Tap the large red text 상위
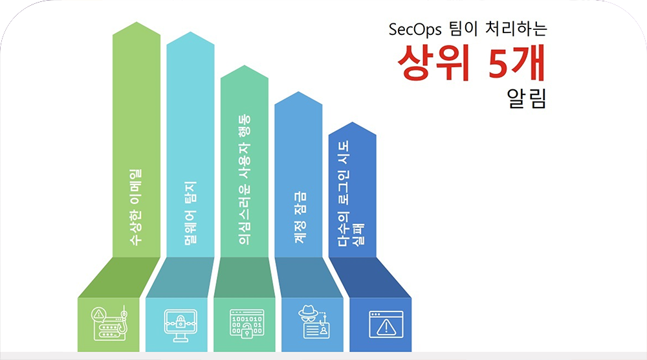pos(433,62)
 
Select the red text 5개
pos(516,62)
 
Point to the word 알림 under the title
pos(527,98)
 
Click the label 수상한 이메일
pos(136,207)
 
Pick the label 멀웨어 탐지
pos(190,213)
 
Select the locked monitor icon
pos(181,325)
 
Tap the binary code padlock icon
pos(247,324)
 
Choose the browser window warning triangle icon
pos(386,324)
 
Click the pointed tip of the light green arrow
pos(137,22)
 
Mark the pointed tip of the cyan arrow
pos(190,32)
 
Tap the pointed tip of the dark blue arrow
pos(353,122)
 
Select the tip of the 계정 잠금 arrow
pos(298,92)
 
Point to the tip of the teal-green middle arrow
pos(245,65)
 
